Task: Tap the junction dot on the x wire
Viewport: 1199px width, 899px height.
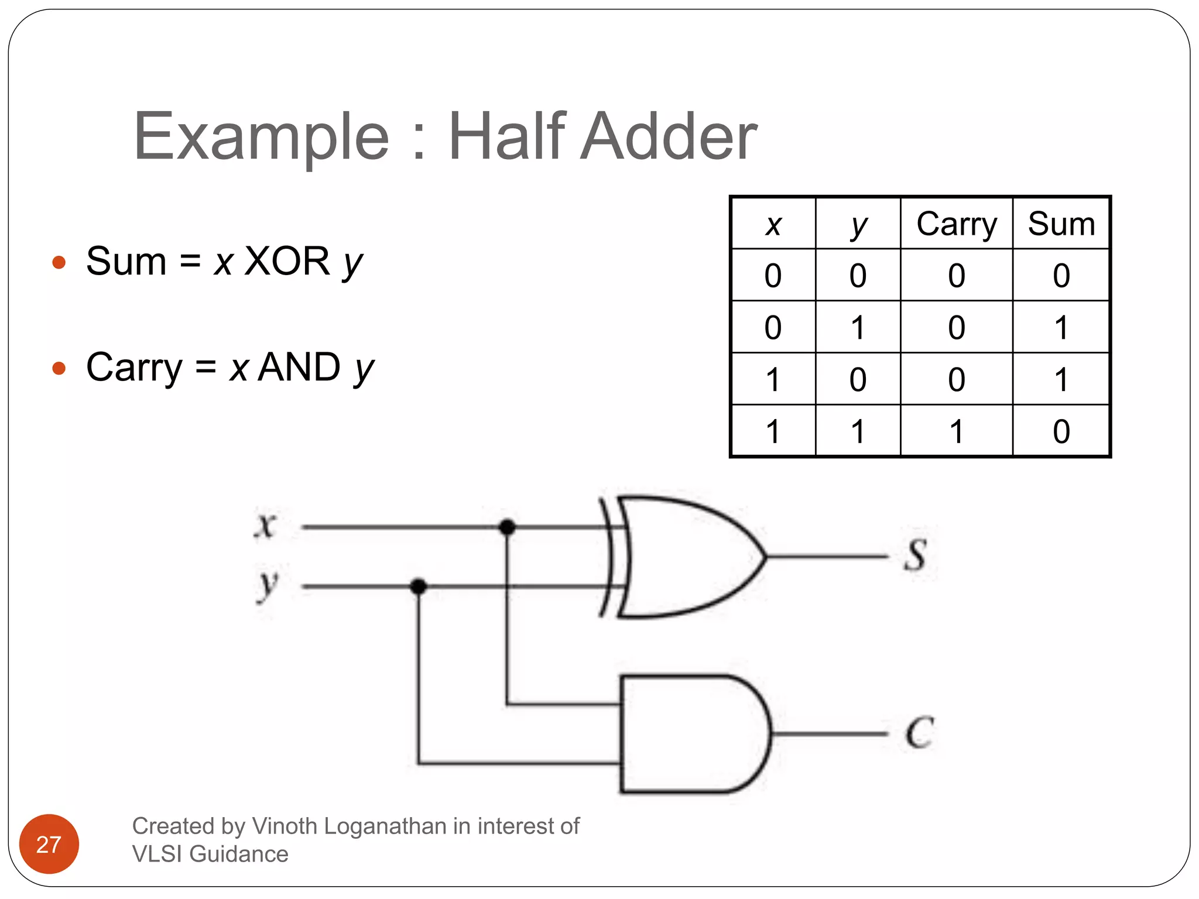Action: tap(507, 527)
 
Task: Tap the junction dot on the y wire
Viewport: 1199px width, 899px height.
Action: tap(418, 586)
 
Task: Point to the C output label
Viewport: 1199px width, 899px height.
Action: tap(919, 732)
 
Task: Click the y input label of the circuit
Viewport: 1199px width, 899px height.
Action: tap(268, 584)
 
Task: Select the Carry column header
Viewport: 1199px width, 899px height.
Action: tap(956, 224)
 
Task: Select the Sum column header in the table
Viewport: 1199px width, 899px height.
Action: tap(1061, 224)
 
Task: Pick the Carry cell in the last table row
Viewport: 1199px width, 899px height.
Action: tap(956, 431)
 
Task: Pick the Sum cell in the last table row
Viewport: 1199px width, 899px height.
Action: tap(1061, 431)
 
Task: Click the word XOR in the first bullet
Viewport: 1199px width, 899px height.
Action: tap(287, 261)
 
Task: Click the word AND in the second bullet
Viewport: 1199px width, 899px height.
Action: tap(299, 367)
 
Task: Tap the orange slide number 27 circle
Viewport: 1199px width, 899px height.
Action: tap(49, 844)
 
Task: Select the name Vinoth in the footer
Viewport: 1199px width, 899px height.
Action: tap(285, 826)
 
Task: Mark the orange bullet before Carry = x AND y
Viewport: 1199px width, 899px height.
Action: tap(59, 368)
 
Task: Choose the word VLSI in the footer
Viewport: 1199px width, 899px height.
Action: tap(157, 854)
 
